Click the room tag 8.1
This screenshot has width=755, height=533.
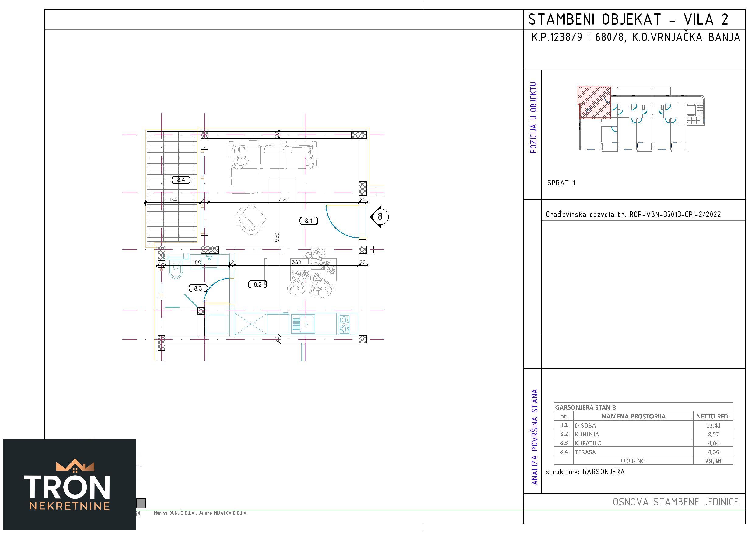(309, 221)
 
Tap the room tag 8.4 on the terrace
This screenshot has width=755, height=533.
(181, 180)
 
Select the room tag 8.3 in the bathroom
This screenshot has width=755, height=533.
(198, 288)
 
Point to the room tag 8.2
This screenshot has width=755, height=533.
(257, 284)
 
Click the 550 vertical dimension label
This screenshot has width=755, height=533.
(277, 237)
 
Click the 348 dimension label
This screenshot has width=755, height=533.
(296, 262)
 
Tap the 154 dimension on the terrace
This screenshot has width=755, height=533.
(173, 200)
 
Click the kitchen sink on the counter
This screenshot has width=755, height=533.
(303, 324)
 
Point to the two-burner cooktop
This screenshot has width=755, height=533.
(344, 324)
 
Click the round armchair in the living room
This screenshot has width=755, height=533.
(250, 219)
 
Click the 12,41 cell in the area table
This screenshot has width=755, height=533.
(713, 425)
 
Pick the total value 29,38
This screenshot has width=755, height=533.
(713, 461)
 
